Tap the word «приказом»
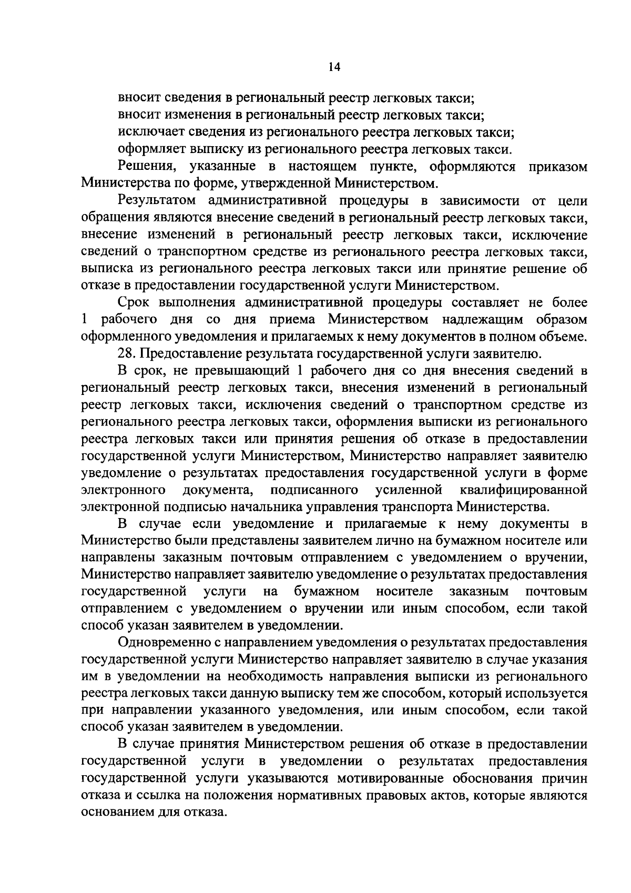[558, 167]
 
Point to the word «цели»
[573, 201]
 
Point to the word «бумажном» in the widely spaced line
[327, 592]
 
